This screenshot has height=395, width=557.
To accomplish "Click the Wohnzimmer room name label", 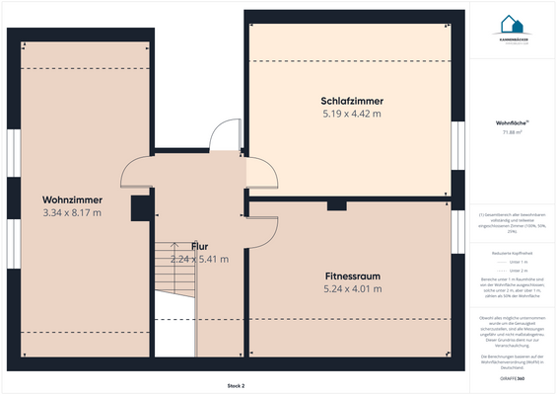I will click(72, 199).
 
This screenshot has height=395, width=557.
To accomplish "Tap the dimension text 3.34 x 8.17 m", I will click(72, 212).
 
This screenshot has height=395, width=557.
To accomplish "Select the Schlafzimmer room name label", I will click(352, 101).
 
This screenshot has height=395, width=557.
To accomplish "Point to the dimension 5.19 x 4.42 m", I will click(352, 114).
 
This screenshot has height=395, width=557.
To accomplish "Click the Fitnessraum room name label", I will click(352, 276).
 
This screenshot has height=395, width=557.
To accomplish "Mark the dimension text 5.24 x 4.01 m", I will click(352, 288).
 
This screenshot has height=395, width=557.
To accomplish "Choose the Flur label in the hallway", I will click(199, 246).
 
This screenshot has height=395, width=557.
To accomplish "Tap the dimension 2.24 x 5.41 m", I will click(199, 259).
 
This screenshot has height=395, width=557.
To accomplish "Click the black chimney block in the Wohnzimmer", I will click(140, 207).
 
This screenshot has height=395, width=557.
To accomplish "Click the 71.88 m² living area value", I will click(512, 131).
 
